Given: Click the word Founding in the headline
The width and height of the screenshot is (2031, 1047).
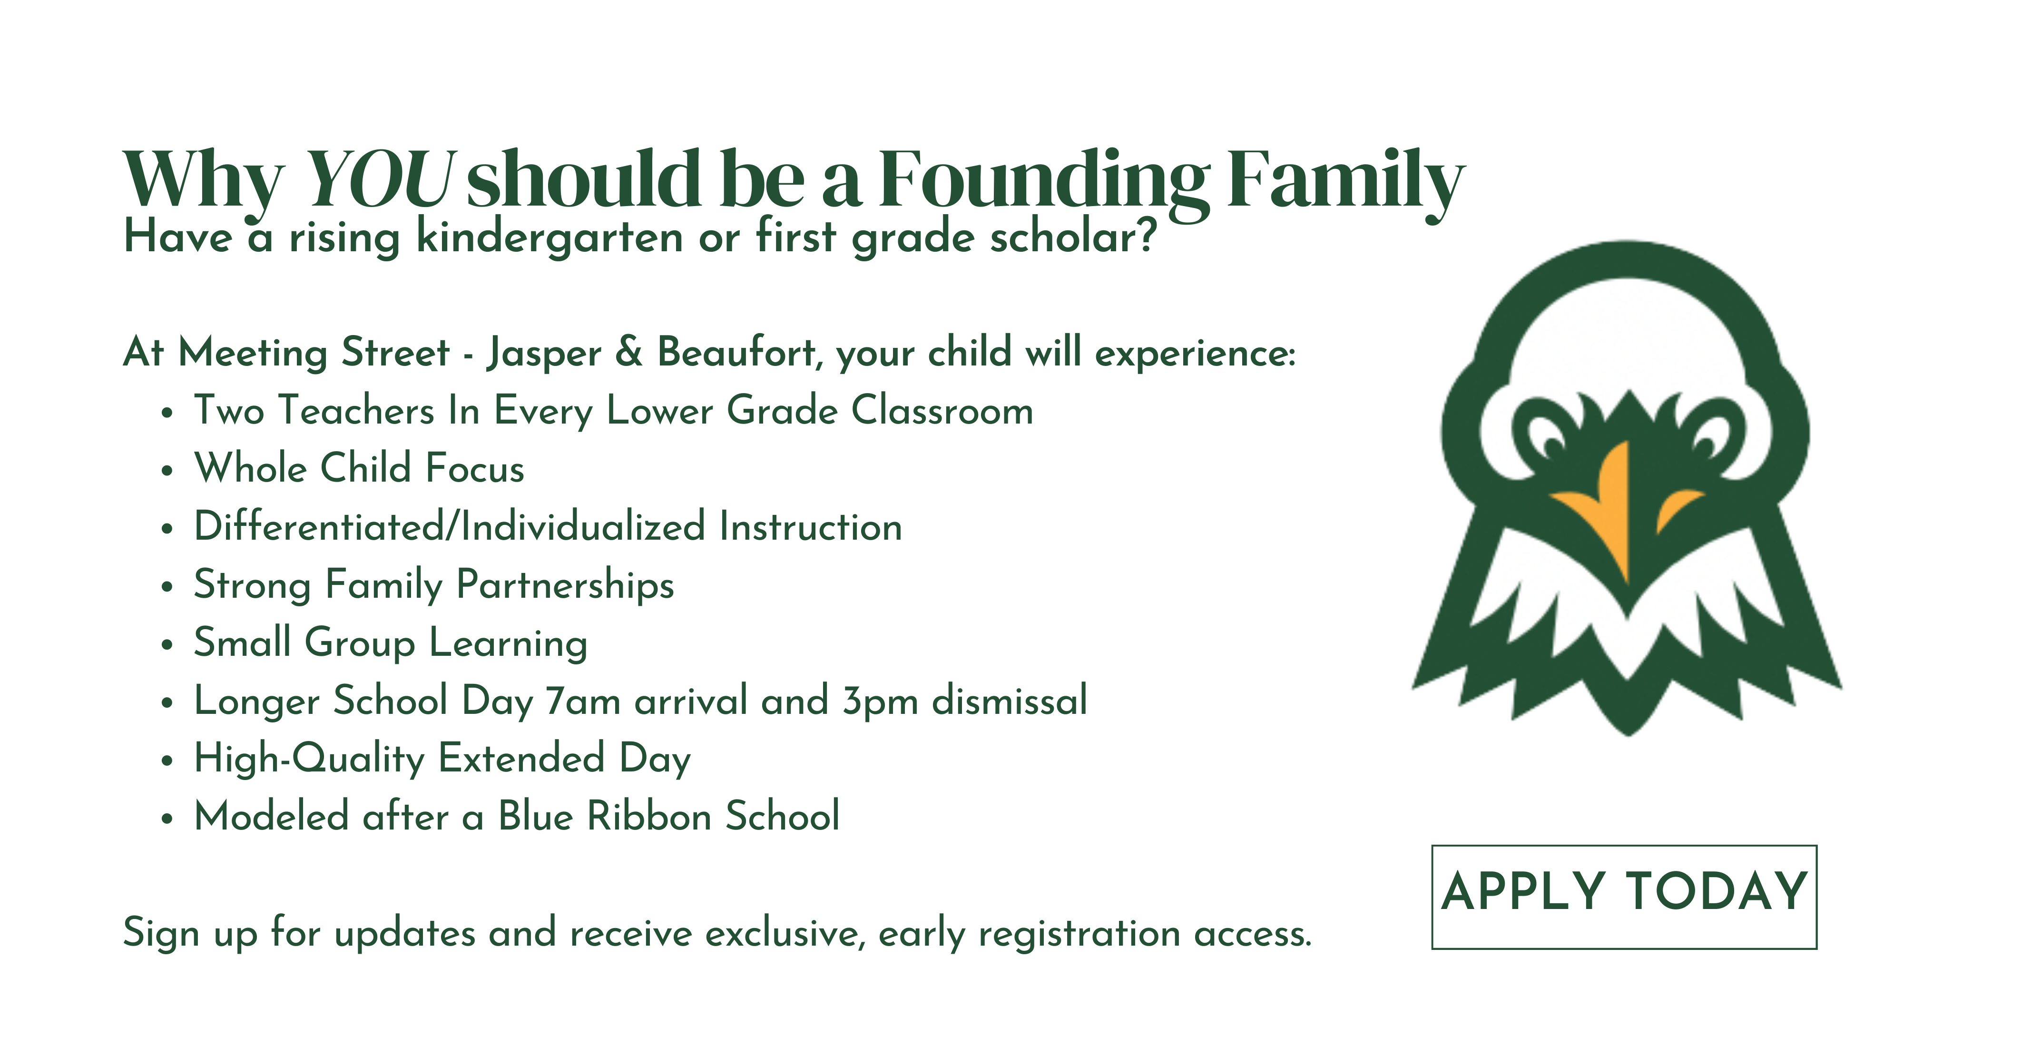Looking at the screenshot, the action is pyautogui.click(x=1043, y=183).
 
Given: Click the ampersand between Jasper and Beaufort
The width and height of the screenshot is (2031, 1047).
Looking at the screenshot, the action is pyautogui.click(x=628, y=352).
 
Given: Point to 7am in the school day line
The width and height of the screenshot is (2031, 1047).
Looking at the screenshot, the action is pyautogui.click(x=583, y=701).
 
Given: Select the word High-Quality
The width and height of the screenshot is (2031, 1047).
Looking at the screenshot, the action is pyautogui.click(x=309, y=759).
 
